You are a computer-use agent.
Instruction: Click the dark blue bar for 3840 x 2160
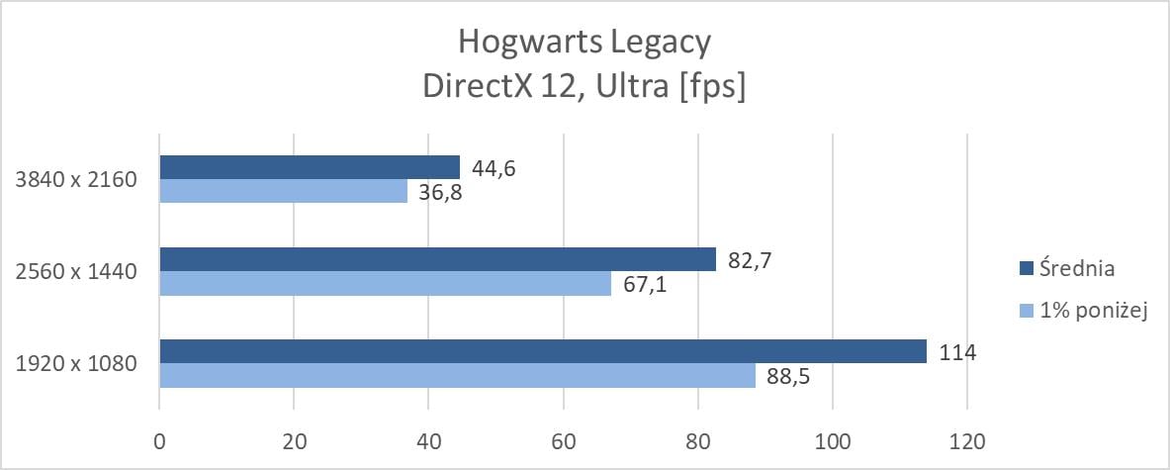[309, 167]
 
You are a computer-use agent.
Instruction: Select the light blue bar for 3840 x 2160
[283, 191]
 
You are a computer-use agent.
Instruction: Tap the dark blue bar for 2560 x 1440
[437, 259]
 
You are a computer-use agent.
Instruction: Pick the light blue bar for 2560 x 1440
[385, 284]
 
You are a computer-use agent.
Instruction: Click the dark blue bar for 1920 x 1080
[542, 351]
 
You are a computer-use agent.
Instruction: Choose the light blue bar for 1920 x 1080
[457, 376]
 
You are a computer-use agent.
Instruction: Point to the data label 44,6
[493, 167]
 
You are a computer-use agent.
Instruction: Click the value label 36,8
[440, 192]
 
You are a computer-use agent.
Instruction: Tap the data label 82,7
[749, 259]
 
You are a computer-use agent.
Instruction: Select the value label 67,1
[644, 284]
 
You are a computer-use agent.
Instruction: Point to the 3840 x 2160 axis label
[76, 180]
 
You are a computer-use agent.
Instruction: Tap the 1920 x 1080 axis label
[76, 364]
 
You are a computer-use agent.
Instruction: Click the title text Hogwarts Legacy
[585, 43]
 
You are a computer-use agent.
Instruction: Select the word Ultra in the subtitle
[615, 86]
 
